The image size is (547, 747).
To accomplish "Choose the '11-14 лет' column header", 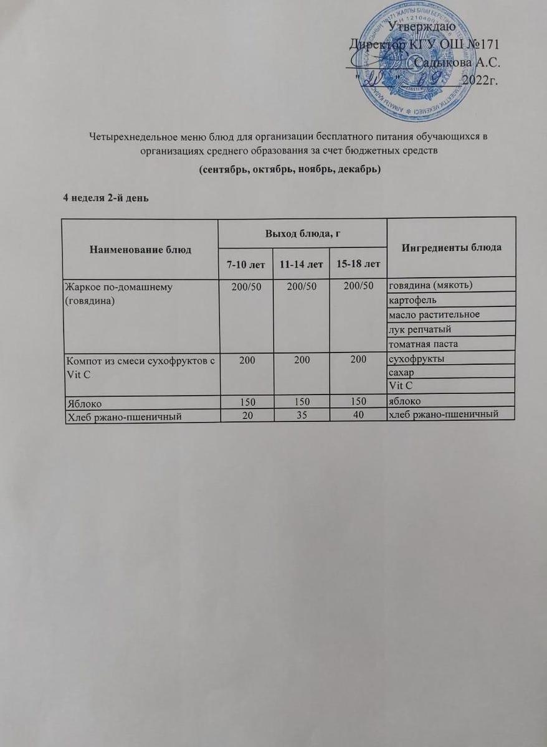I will (x=301, y=265).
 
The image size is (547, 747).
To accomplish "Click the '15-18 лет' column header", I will (x=358, y=265).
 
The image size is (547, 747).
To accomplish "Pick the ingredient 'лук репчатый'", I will (x=419, y=329).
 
